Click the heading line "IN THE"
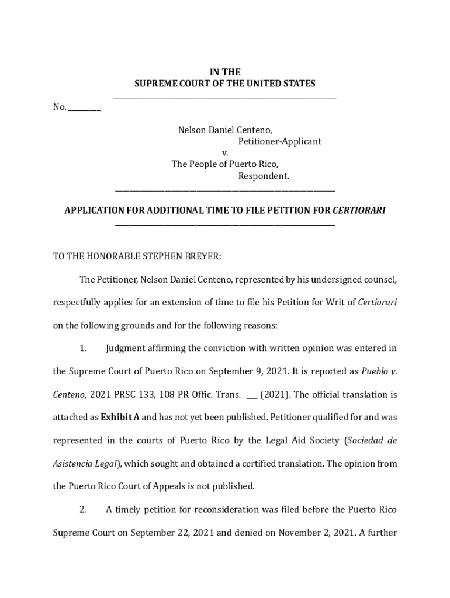coord(225,72)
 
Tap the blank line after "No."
coord(85,107)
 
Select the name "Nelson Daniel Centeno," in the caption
coord(225,130)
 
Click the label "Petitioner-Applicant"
coord(279,141)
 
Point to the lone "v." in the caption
coord(225,153)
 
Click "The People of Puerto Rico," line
coord(225,164)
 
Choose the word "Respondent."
coord(264,176)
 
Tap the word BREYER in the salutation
coord(202,256)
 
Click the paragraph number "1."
coord(83,349)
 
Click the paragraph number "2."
coord(83,510)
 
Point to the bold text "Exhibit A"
coord(120,418)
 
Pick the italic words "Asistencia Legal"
coord(86,464)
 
